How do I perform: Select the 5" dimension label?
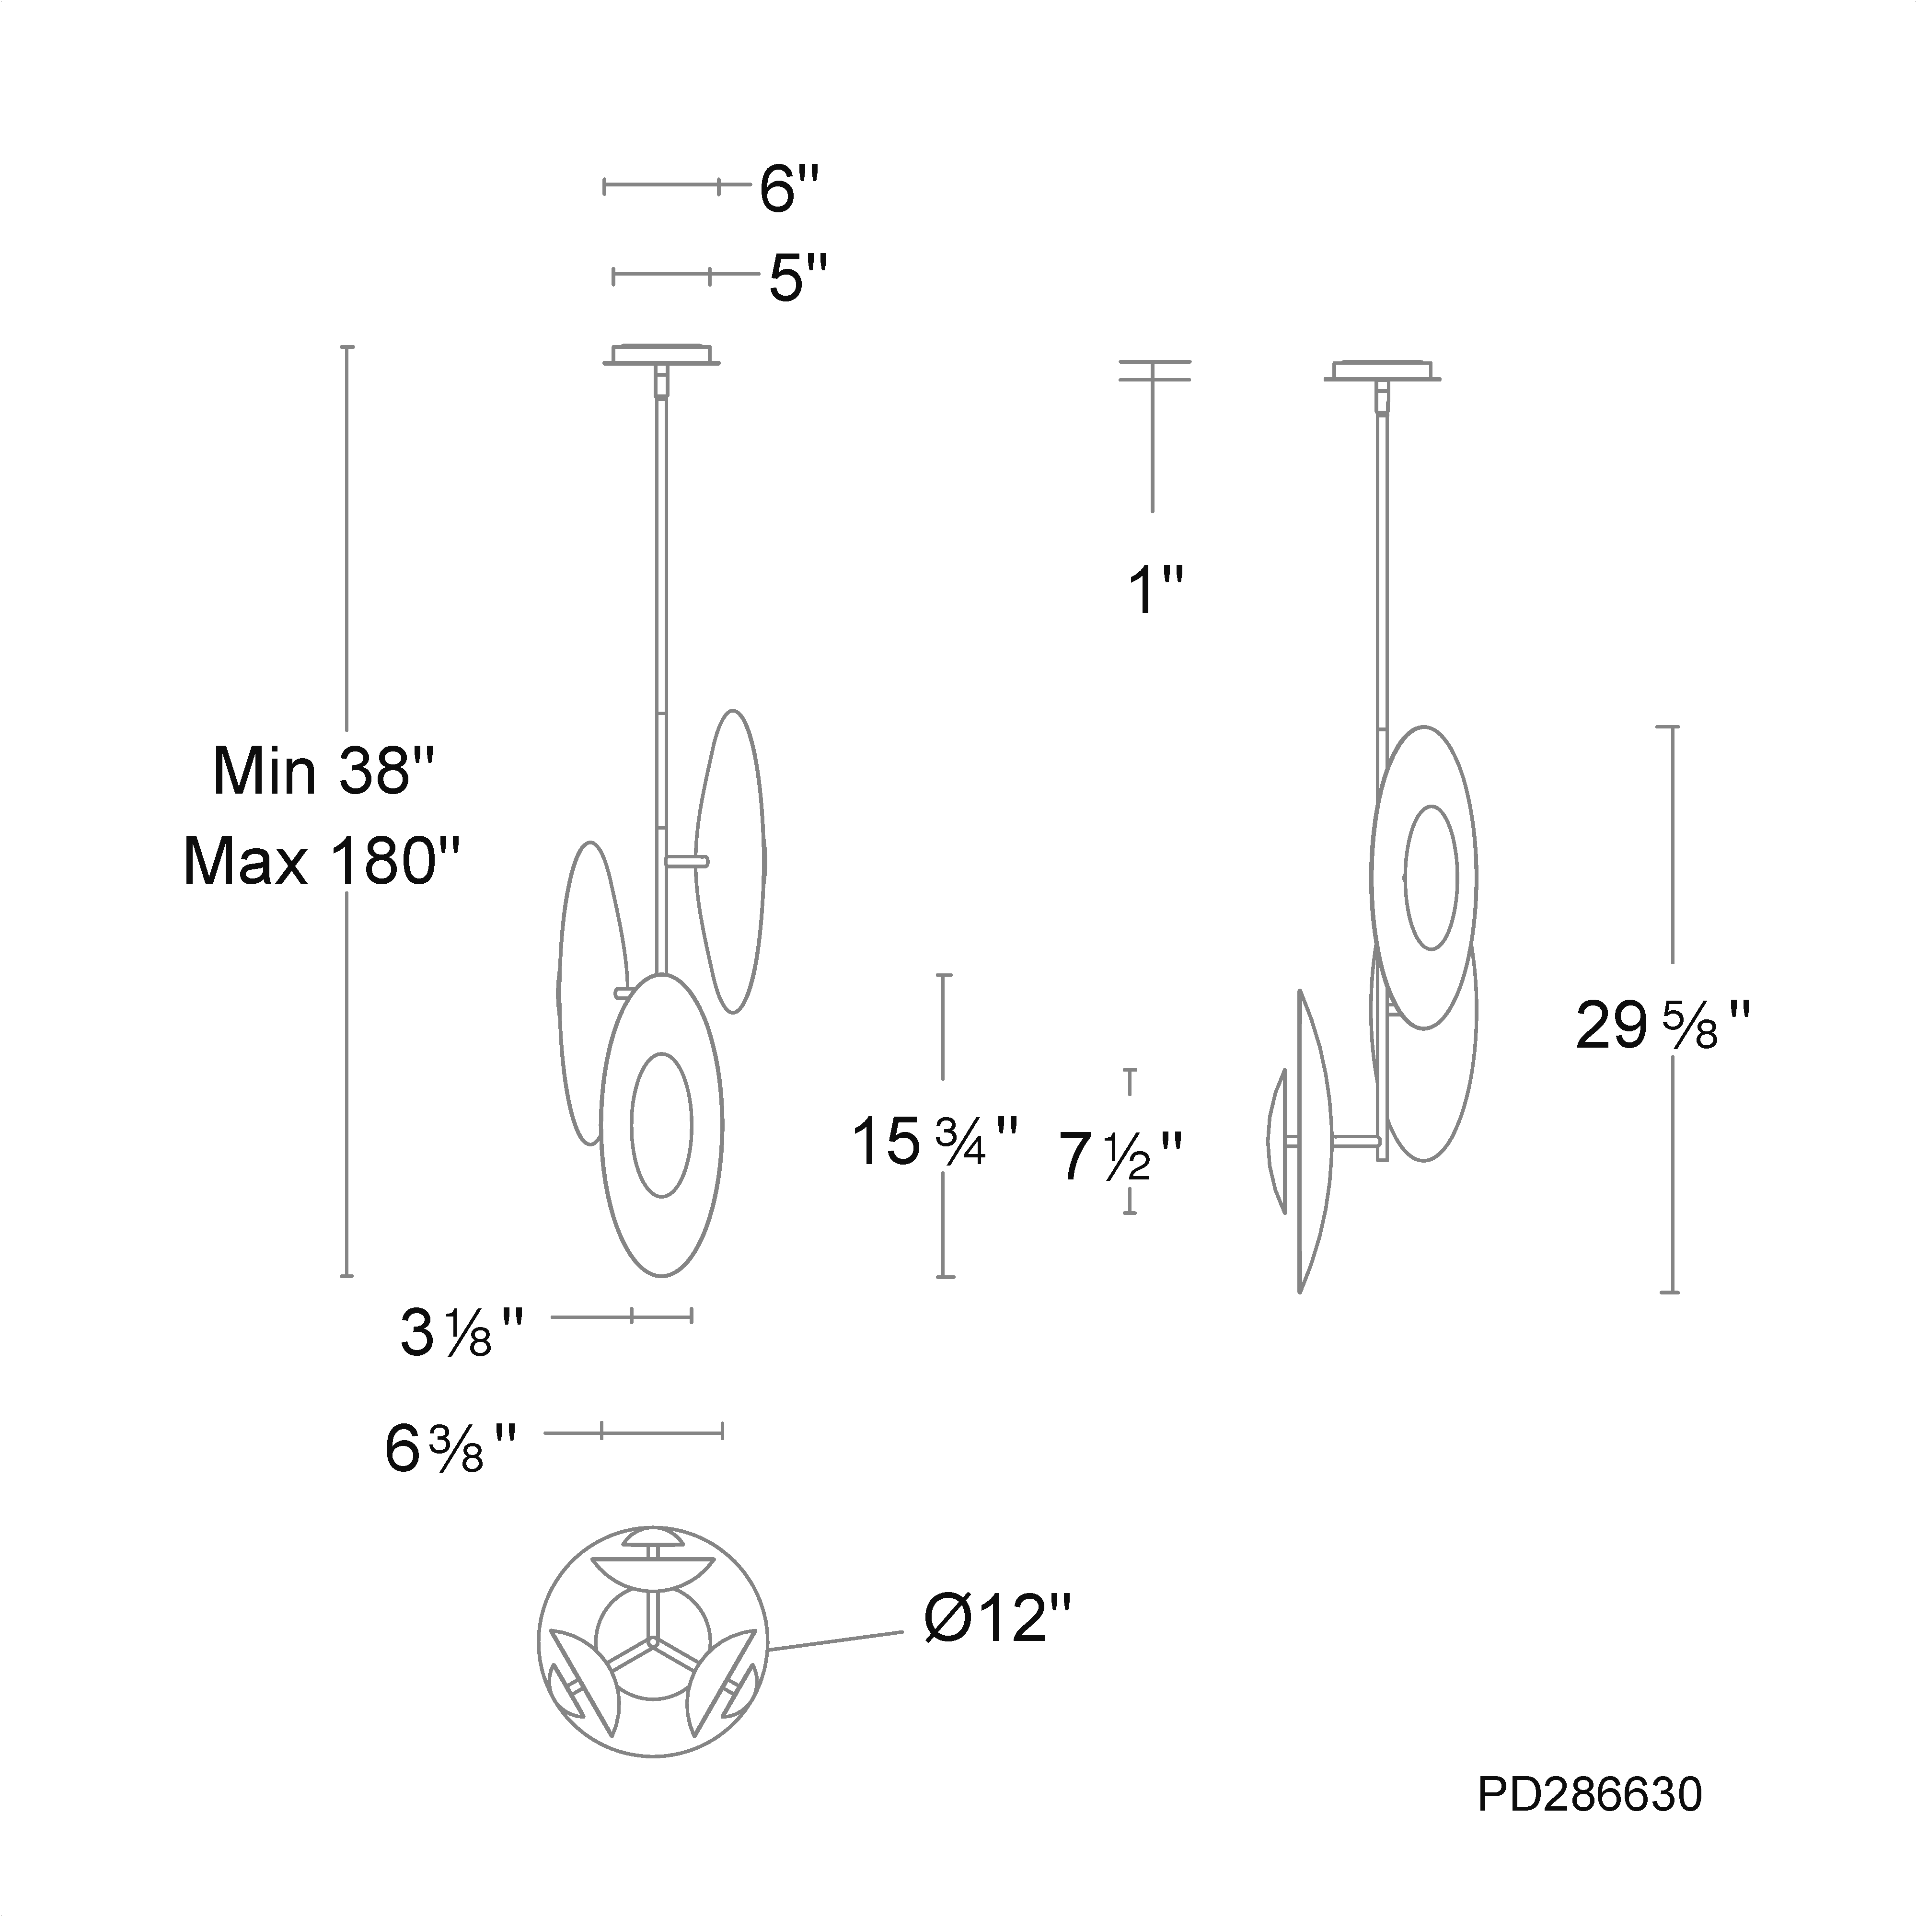pyautogui.click(x=798, y=278)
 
